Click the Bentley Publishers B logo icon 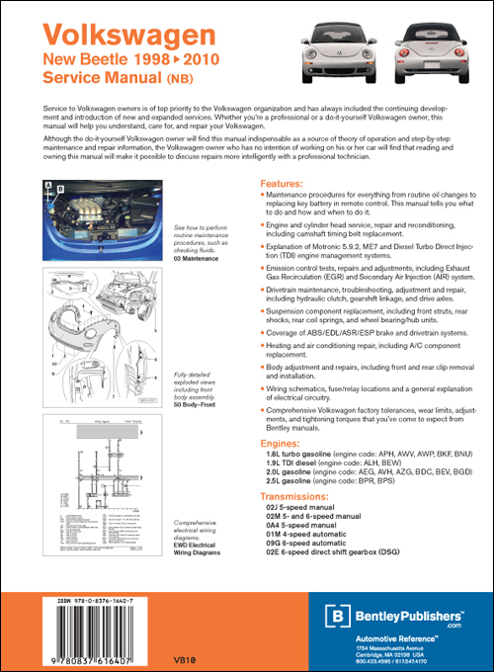pos(339,617)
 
